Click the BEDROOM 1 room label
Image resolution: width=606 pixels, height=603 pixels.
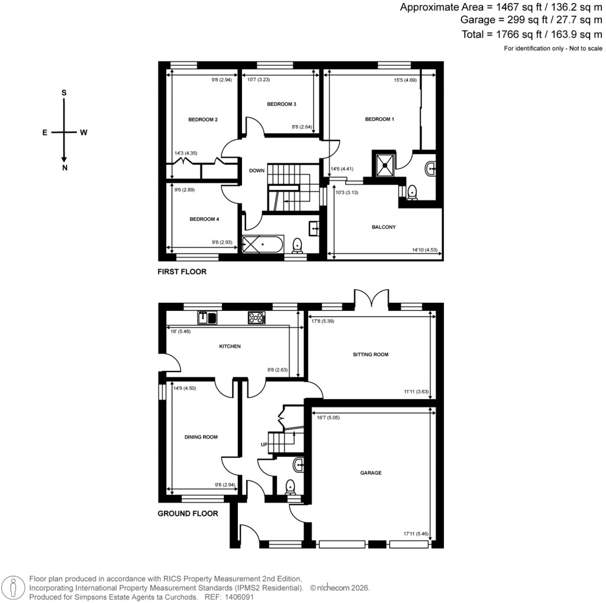379,119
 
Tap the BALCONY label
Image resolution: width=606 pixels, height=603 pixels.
383,227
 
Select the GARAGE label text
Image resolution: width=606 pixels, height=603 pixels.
371,473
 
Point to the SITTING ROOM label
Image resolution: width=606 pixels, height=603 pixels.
371,354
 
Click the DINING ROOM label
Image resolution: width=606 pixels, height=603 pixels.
202,437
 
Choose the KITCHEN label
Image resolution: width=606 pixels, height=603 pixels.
230,346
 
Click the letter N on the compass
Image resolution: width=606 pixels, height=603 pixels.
64,168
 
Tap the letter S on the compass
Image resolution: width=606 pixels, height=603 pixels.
64,93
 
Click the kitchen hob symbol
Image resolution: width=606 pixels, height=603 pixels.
256,317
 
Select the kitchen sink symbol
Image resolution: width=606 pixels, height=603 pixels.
208,317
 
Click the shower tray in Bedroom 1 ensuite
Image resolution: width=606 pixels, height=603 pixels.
383,165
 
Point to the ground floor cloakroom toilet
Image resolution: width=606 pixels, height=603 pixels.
291,487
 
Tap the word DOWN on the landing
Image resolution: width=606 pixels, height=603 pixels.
257,171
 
